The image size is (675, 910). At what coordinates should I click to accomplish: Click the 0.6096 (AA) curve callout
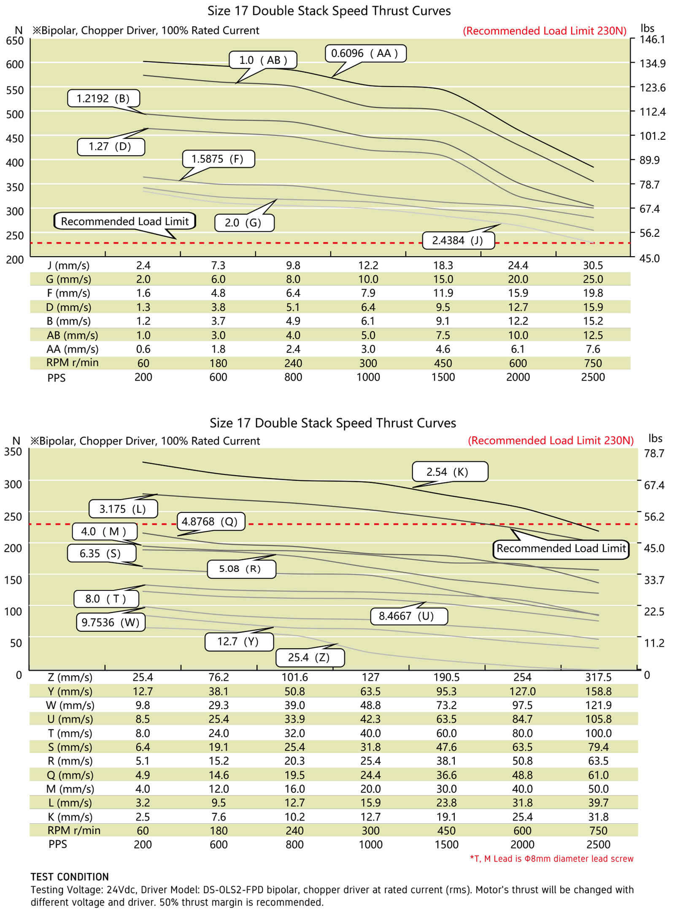tap(365, 54)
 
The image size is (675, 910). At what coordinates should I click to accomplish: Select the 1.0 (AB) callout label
tap(263, 60)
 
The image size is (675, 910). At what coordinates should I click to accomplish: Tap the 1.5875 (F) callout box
tap(218, 159)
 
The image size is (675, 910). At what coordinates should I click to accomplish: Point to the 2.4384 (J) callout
tap(458, 241)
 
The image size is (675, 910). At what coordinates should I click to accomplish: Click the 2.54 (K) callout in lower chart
tap(449, 472)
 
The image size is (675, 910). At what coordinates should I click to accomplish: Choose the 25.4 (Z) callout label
tap(310, 658)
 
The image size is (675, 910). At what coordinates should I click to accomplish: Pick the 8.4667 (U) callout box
tap(408, 616)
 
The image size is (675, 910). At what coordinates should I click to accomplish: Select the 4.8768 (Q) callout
tap(210, 522)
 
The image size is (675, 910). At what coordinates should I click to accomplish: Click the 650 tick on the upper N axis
tap(15, 41)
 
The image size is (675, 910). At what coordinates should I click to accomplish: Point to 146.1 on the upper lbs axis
tap(652, 40)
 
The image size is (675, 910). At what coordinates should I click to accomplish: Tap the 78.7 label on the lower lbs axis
tap(654, 454)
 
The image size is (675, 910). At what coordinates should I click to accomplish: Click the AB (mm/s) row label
tap(73, 335)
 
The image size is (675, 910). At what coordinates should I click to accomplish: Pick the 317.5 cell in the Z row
tap(598, 677)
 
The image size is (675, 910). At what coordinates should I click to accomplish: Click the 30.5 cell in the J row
tap(593, 265)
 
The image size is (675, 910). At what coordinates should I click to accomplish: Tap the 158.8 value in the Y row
tap(598, 691)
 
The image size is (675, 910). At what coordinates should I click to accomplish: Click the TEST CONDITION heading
tap(70, 877)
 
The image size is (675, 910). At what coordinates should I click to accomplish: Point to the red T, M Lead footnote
tap(551, 859)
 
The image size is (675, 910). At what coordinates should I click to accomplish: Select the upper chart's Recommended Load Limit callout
tap(125, 221)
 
